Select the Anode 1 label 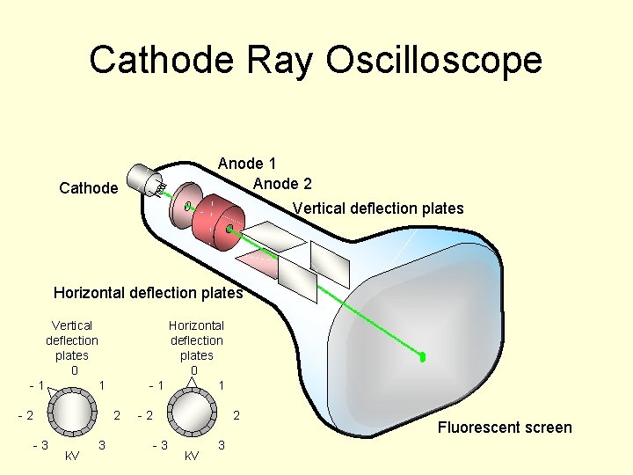click(x=247, y=164)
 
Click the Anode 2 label click(x=281, y=184)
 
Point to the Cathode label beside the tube click(x=88, y=188)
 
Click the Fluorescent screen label click(x=505, y=428)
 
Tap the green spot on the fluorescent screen click(x=423, y=357)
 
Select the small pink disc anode click(x=186, y=204)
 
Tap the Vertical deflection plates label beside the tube click(x=378, y=208)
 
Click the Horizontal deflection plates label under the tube click(x=148, y=293)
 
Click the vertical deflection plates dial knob click(x=72, y=412)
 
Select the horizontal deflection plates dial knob click(x=193, y=412)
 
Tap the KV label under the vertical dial click(x=72, y=456)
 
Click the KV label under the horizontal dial click(x=191, y=456)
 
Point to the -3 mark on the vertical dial click(x=40, y=445)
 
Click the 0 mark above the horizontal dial click(x=194, y=370)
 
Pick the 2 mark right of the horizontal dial click(x=236, y=414)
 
